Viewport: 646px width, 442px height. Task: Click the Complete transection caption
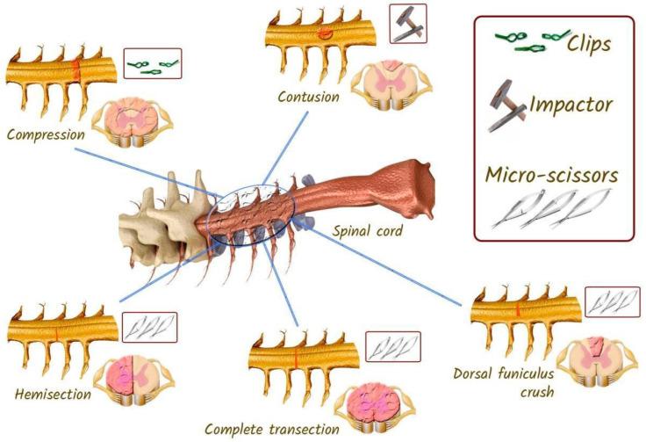[271, 429]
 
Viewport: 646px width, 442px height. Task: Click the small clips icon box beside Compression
[152, 64]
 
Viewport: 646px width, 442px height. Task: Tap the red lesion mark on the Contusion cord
[325, 34]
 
